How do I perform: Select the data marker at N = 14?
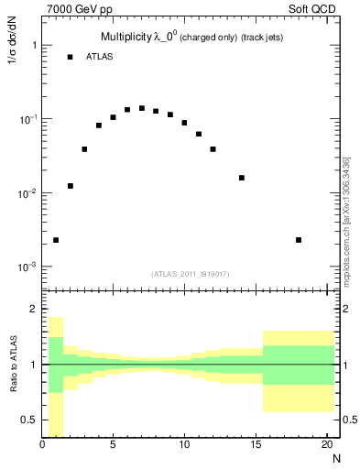[242, 178]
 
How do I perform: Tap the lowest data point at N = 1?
[56, 240]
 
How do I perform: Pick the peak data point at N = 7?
[142, 108]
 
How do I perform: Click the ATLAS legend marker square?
[70, 57]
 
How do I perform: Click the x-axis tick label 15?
[255, 446]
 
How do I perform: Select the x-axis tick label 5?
[113, 446]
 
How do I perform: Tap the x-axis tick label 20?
[326, 446]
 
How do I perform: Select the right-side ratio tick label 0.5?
[349, 420]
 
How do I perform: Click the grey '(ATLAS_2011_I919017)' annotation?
[189, 274]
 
